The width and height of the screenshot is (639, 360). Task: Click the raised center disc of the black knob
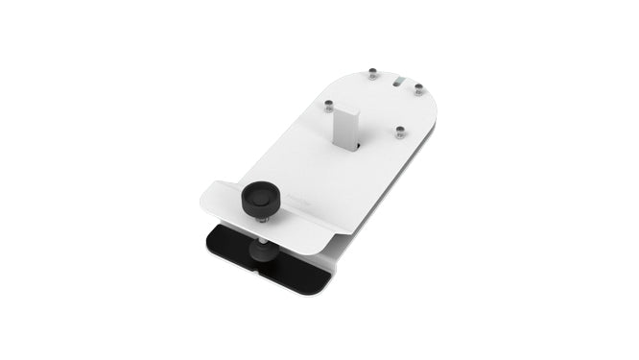pyautogui.click(x=258, y=195)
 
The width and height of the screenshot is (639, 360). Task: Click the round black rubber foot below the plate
pyautogui.click(x=262, y=252)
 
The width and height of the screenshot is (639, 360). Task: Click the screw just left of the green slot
pyautogui.click(x=372, y=73)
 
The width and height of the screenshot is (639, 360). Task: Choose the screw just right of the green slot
pyautogui.click(x=419, y=89)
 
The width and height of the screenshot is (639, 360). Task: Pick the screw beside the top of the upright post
pyautogui.click(x=329, y=102)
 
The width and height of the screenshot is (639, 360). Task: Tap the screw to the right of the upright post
pyautogui.click(x=400, y=132)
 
